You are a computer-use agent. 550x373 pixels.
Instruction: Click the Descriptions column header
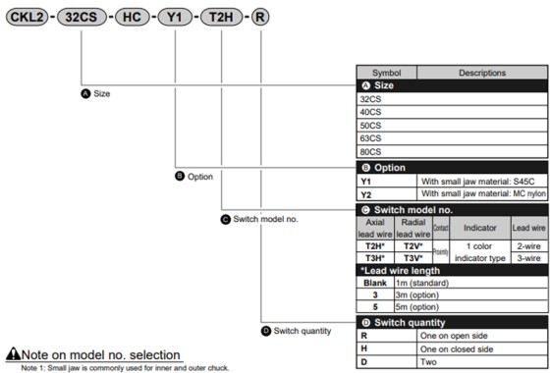(481, 73)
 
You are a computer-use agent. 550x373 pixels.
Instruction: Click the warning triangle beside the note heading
(14, 353)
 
